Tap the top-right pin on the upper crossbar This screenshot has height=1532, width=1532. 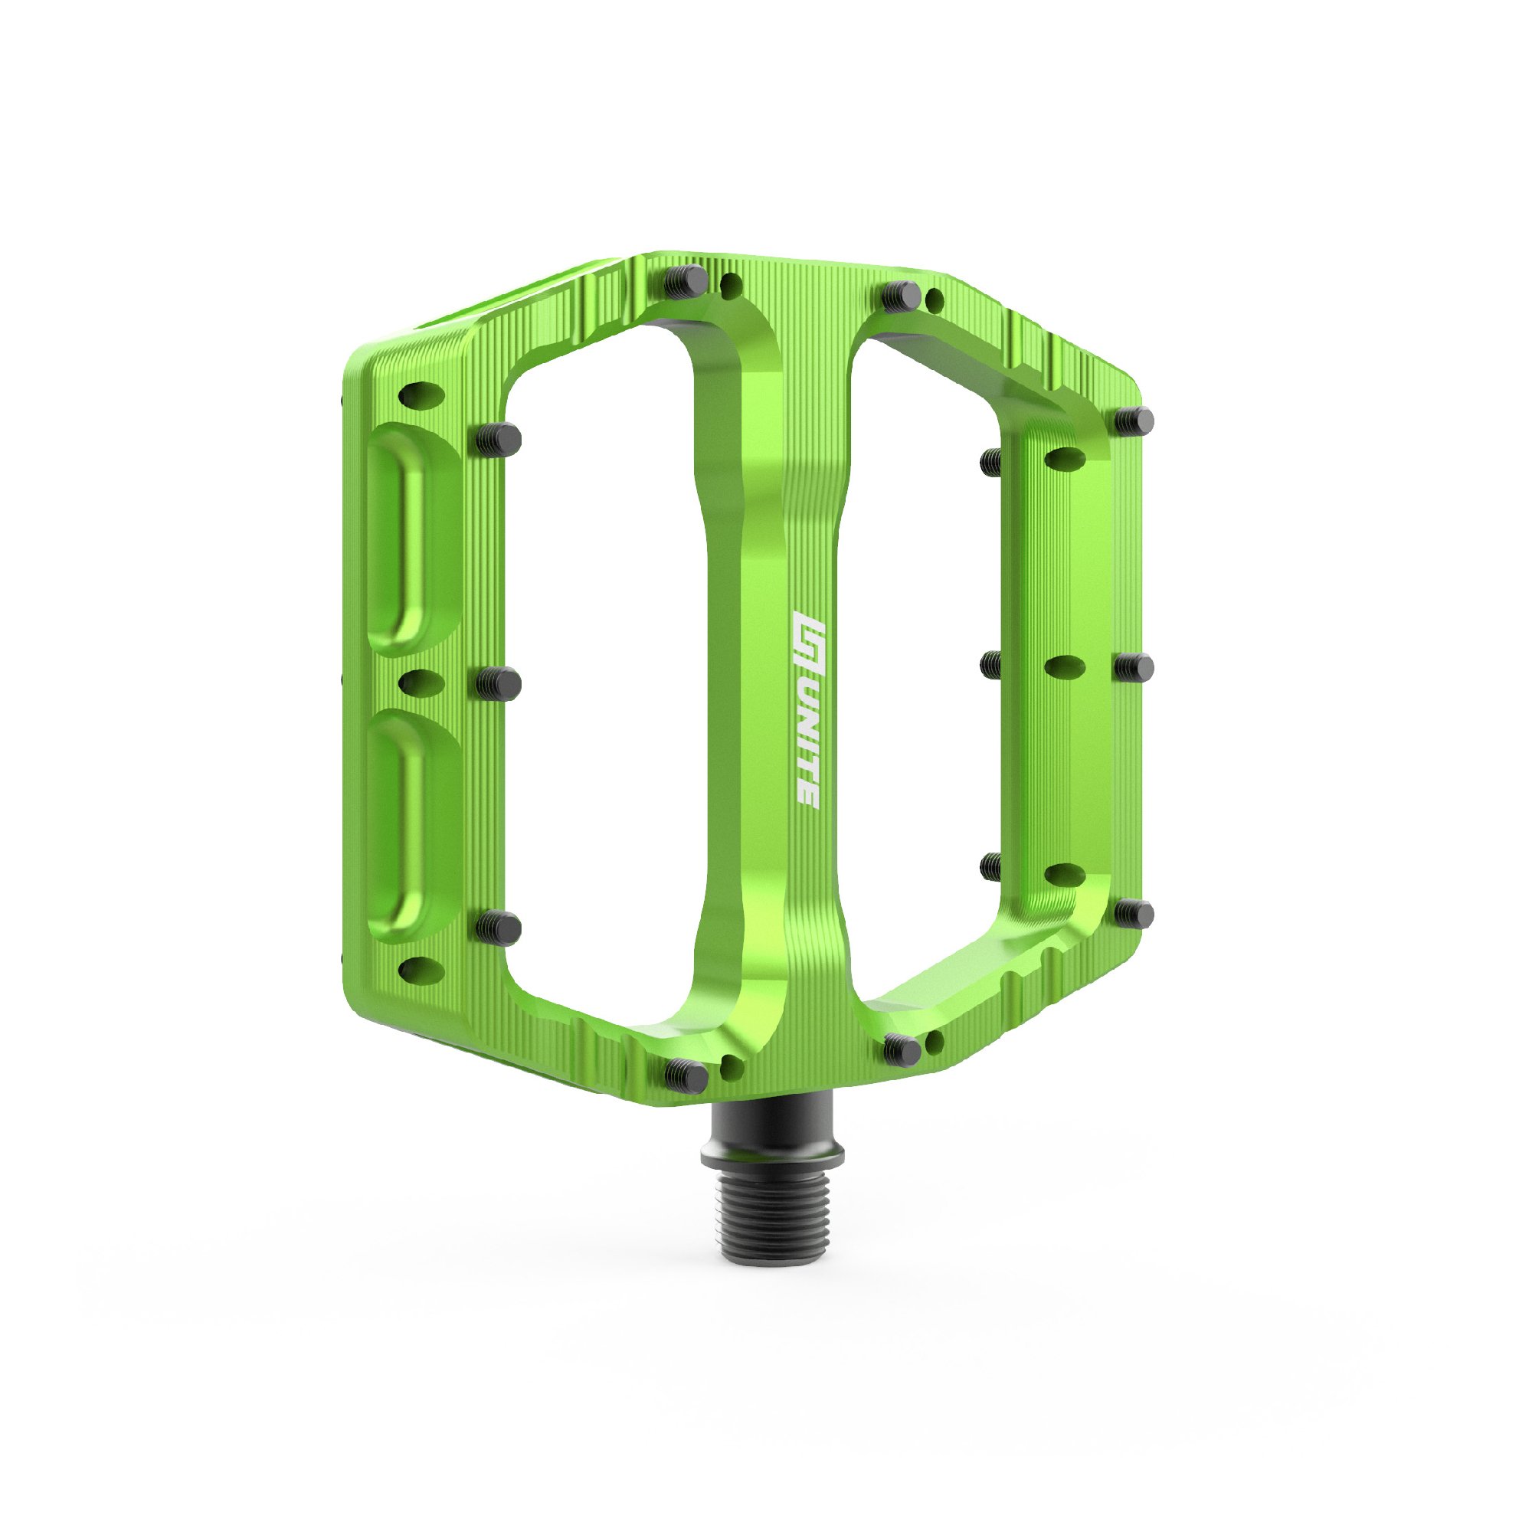pyautogui.click(x=902, y=297)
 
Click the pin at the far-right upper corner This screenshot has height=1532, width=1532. pyautogui.click(x=1134, y=421)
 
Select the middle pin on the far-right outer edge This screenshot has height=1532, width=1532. pyautogui.click(x=1134, y=667)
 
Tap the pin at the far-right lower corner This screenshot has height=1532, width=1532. pyautogui.click(x=1134, y=914)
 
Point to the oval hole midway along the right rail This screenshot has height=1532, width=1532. pyautogui.click(x=1066, y=667)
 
